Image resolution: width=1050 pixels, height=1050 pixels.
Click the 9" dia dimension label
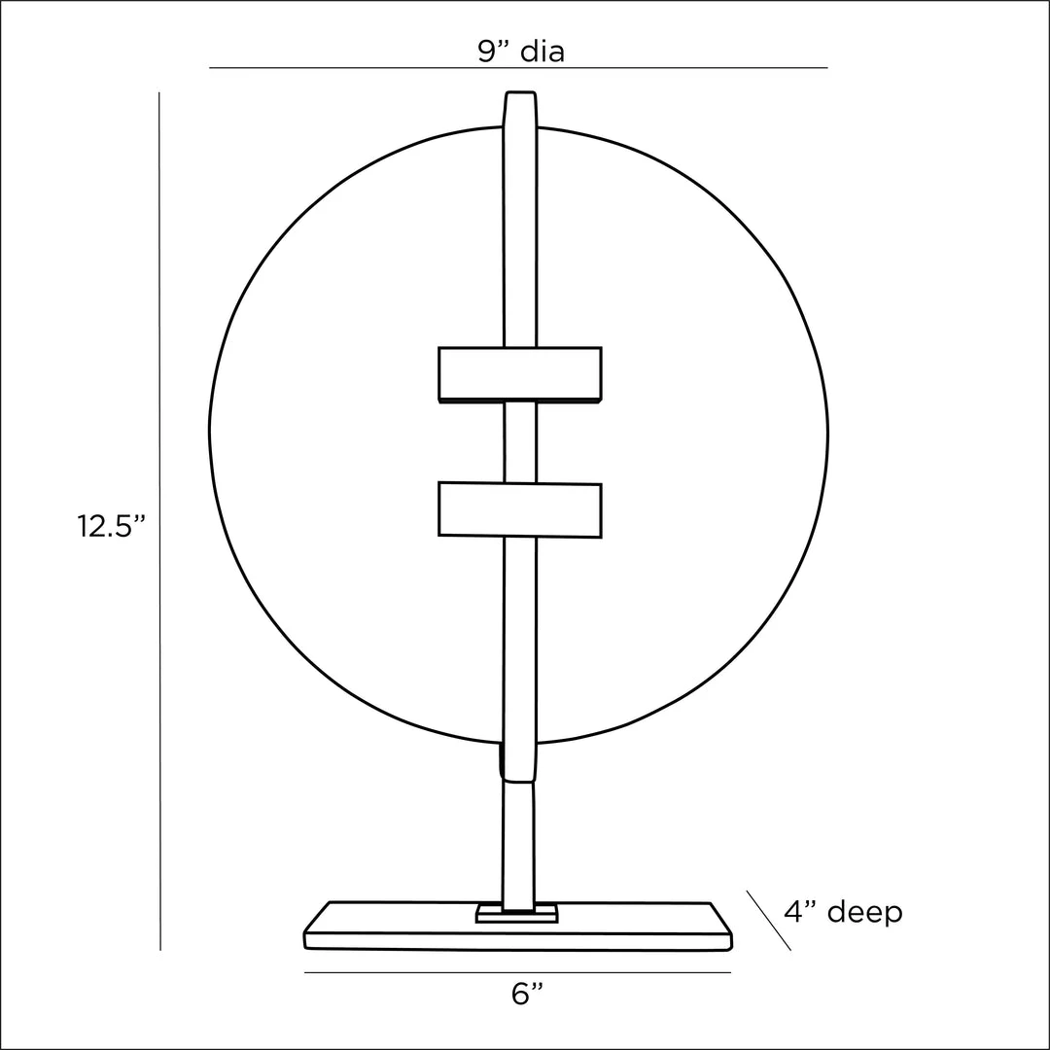click(x=521, y=52)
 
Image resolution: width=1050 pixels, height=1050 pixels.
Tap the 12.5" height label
click(x=111, y=526)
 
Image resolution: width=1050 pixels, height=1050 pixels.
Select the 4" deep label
click(x=843, y=912)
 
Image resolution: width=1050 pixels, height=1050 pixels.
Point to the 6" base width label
click(x=527, y=995)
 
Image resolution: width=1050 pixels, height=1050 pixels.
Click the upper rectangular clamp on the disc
click(x=519, y=374)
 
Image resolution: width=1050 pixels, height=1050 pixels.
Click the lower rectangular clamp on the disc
click(x=519, y=509)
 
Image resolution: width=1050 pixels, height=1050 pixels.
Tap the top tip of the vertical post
click(x=520, y=91)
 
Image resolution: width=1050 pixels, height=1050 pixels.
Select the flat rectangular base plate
click(x=517, y=927)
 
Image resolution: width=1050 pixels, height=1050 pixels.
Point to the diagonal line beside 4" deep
click(x=769, y=920)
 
